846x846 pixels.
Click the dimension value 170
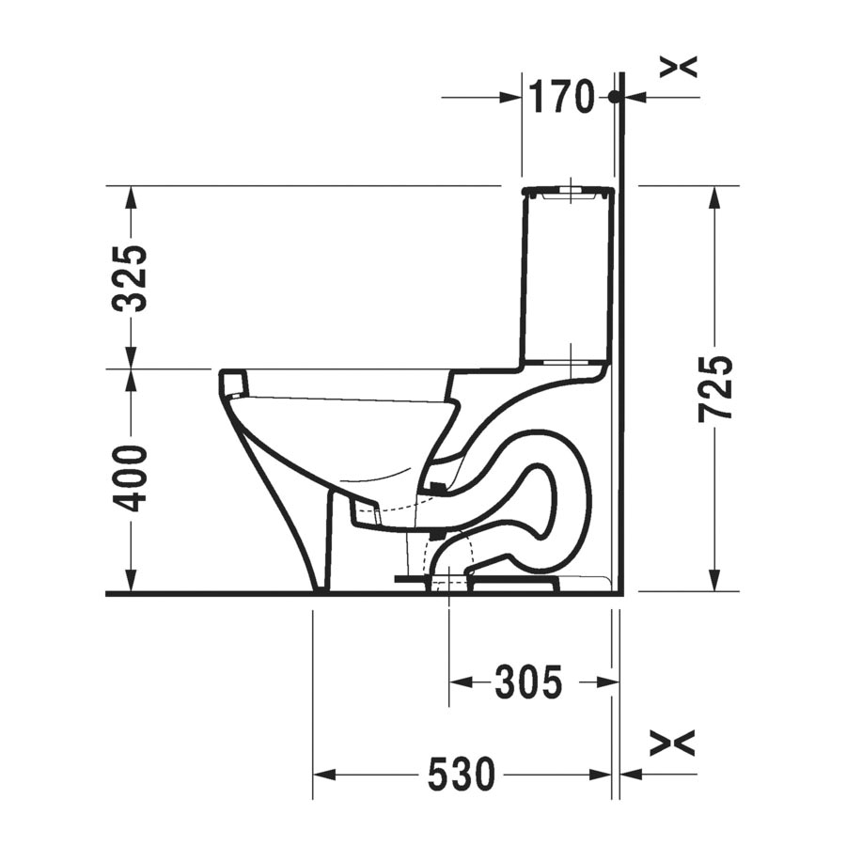click(x=561, y=96)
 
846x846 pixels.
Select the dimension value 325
click(x=130, y=277)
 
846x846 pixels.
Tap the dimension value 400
click(x=130, y=478)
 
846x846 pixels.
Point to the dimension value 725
click(x=716, y=388)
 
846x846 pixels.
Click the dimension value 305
click(x=529, y=681)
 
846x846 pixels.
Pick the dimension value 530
click(x=461, y=775)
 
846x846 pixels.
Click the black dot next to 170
click(x=613, y=96)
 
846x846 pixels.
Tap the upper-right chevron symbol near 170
click(x=679, y=67)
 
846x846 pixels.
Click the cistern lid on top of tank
click(x=570, y=193)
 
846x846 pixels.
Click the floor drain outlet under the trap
click(x=448, y=582)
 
